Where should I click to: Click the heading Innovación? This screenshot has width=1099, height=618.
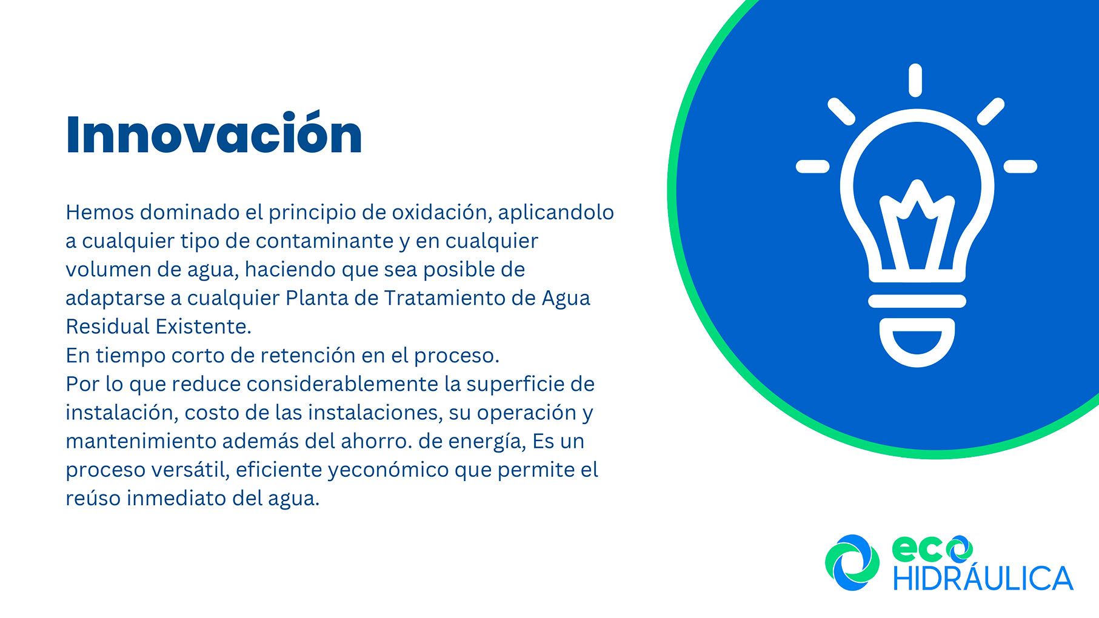pyautogui.click(x=214, y=133)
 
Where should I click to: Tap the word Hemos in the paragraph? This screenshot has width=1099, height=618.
pyautogui.click(x=100, y=212)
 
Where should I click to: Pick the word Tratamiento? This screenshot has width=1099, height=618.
pyautogui.click(x=445, y=298)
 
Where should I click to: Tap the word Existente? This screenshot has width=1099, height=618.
pyautogui.click(x=203, y=327)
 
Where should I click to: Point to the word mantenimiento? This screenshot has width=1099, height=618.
pyautogui.click(x=141, y=441)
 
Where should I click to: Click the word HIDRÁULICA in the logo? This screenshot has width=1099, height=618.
pyautogui.click(x=983, y=578)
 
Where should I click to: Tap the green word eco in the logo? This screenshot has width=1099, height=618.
pyautogui.click(x=932, y=549)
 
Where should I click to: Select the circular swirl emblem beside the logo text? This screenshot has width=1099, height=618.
pyautogui.click(x=852, y=562)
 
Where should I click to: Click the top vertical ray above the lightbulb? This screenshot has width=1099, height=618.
pyautogui.click(x=916, y=80)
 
